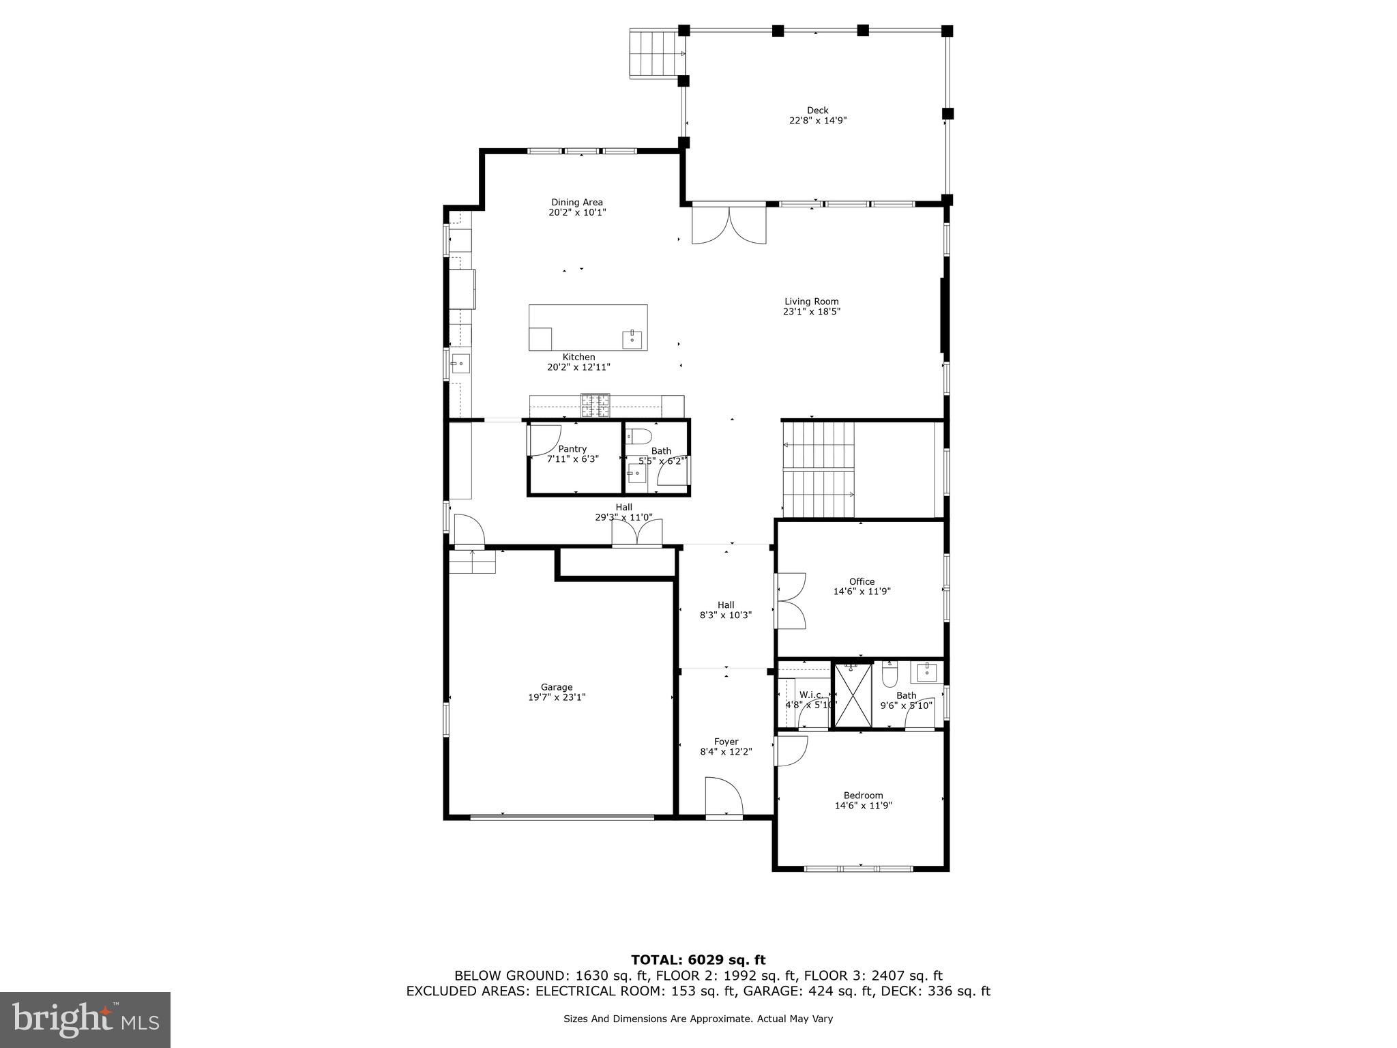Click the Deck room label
coord(817,110)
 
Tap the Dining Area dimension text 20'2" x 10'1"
coord(577,212)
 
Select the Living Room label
coord(811,301)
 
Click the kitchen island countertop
coord(587,321)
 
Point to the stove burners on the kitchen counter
coord(595,405)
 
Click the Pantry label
coord(572,448)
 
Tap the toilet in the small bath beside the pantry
coord(640,436)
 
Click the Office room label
coord(862,581)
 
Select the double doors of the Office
coord(791,600)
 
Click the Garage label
coord(557,687)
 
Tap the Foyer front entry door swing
coord(724,796)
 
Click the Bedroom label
coord(863,795)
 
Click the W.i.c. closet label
coord(810,695)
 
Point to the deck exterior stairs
coord(655,54)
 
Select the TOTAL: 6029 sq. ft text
coord(698,960)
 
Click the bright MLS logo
coord(85,1020)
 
